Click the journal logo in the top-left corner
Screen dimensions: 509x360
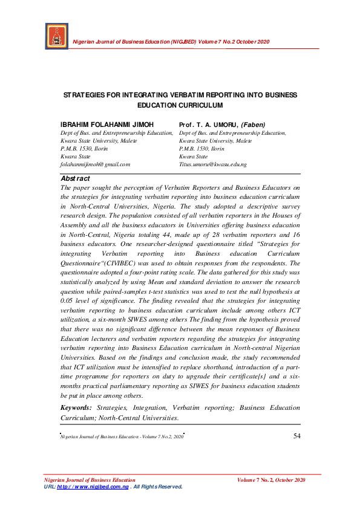coord(56,37)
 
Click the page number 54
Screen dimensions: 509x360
coord(296,436)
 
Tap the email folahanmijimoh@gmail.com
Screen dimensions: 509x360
coord(96,164)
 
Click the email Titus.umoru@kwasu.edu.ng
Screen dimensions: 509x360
coord(212,164)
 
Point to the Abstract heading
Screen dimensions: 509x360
coord(76,178)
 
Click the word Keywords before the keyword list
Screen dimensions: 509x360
coord(77,408)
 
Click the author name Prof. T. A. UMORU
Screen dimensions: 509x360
coord(208,125)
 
